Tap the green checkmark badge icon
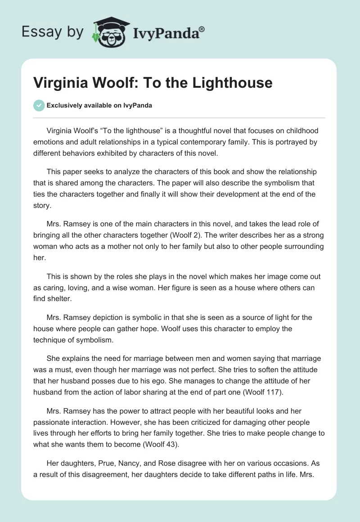tap(39, 105)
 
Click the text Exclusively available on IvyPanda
tap(99, 106)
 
